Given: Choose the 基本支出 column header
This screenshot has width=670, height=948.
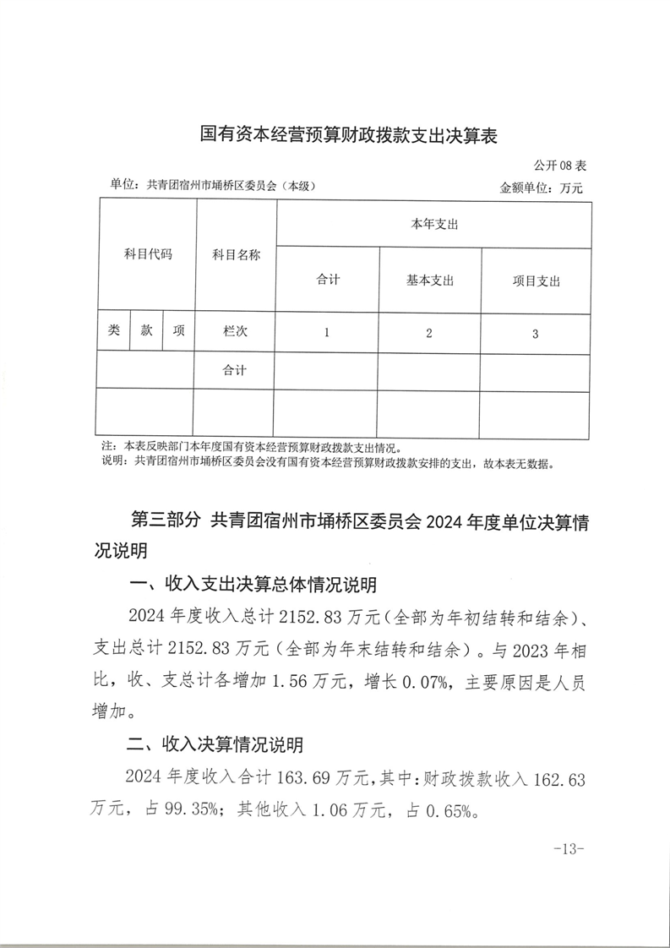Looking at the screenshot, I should coord(430,281).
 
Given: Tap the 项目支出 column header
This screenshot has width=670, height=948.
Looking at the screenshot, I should coord(537,281).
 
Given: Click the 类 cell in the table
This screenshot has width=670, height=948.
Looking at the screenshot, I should coord(114,332).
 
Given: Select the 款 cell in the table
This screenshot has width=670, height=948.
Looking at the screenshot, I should coord(147,332).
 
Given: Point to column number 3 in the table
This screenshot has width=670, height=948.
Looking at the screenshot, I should coord(536,334).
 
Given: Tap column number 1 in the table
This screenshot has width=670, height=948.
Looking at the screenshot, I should coord(327,333).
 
